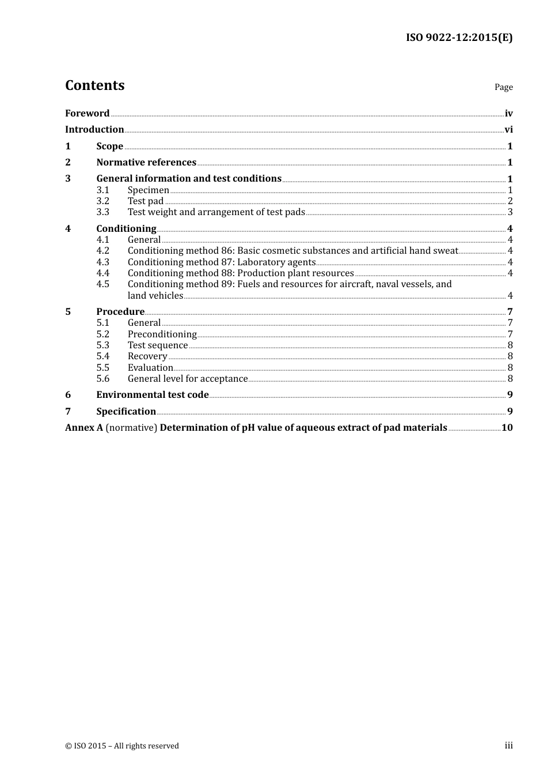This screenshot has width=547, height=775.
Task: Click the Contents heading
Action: point(94,85)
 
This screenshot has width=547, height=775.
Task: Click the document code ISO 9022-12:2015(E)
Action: point(459,37)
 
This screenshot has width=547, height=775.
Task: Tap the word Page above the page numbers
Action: point(503,87)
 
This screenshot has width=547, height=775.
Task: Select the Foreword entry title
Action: point(87,113)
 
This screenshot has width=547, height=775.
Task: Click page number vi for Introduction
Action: point(508,130)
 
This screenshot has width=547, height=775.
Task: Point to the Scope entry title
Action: point(109,146)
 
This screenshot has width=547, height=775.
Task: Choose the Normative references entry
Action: point(146,163)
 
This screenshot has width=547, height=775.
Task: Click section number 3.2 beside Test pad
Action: point(102,201)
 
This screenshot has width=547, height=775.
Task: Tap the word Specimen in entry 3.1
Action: point(149,190)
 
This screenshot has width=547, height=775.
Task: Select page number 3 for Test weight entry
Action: point(510,212)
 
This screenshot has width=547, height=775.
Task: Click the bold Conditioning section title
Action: point(126,229)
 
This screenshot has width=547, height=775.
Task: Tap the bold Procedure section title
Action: point(120,312)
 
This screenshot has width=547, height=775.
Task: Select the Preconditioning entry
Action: point(162,334)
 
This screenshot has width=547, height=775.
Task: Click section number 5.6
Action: point(102,379)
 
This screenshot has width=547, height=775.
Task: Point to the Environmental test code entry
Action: point(153,395)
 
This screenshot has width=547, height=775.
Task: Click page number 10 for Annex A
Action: point(507,428)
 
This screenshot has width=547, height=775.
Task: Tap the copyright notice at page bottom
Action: point(122,746)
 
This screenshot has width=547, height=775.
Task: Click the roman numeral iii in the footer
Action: point(508,746)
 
